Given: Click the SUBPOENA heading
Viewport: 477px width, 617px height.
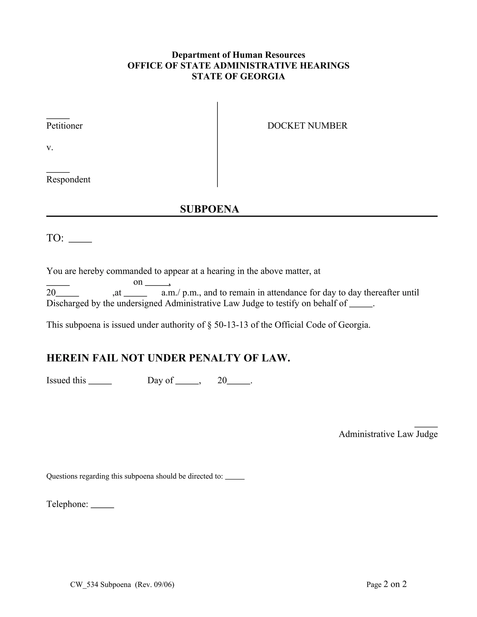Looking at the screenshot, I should point(209,209).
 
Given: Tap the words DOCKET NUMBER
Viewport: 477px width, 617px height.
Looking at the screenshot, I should point(307,126).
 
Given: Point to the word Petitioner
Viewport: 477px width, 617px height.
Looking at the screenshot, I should point(65,126).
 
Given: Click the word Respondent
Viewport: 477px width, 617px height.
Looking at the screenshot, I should point(68,180).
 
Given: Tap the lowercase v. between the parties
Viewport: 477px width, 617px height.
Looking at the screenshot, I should point(50,147).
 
